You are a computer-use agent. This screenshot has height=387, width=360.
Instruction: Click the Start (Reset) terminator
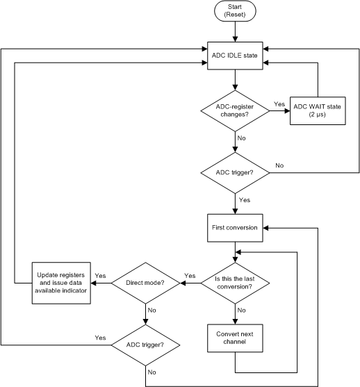tap(235, 11)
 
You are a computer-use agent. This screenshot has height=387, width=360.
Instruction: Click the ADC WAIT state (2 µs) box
tap(317, 109)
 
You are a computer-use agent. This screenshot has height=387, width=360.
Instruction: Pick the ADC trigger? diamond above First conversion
tap(235, 171)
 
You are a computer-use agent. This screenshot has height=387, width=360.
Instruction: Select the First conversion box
tap(235, 227)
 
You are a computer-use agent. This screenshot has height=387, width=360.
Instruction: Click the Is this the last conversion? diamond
tap(235, 282)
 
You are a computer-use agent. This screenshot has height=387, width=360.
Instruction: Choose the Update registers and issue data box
tap(61, 282)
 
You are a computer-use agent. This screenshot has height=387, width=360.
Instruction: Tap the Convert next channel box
tap(235, 337)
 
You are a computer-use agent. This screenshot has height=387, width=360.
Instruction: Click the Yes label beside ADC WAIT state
tap(279, 104)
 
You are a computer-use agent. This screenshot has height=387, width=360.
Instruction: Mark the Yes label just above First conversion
tap(245, 199)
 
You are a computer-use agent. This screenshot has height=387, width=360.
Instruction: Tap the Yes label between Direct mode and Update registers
tap(100, 276)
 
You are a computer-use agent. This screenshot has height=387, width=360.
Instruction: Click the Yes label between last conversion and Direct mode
tap(189, 276)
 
